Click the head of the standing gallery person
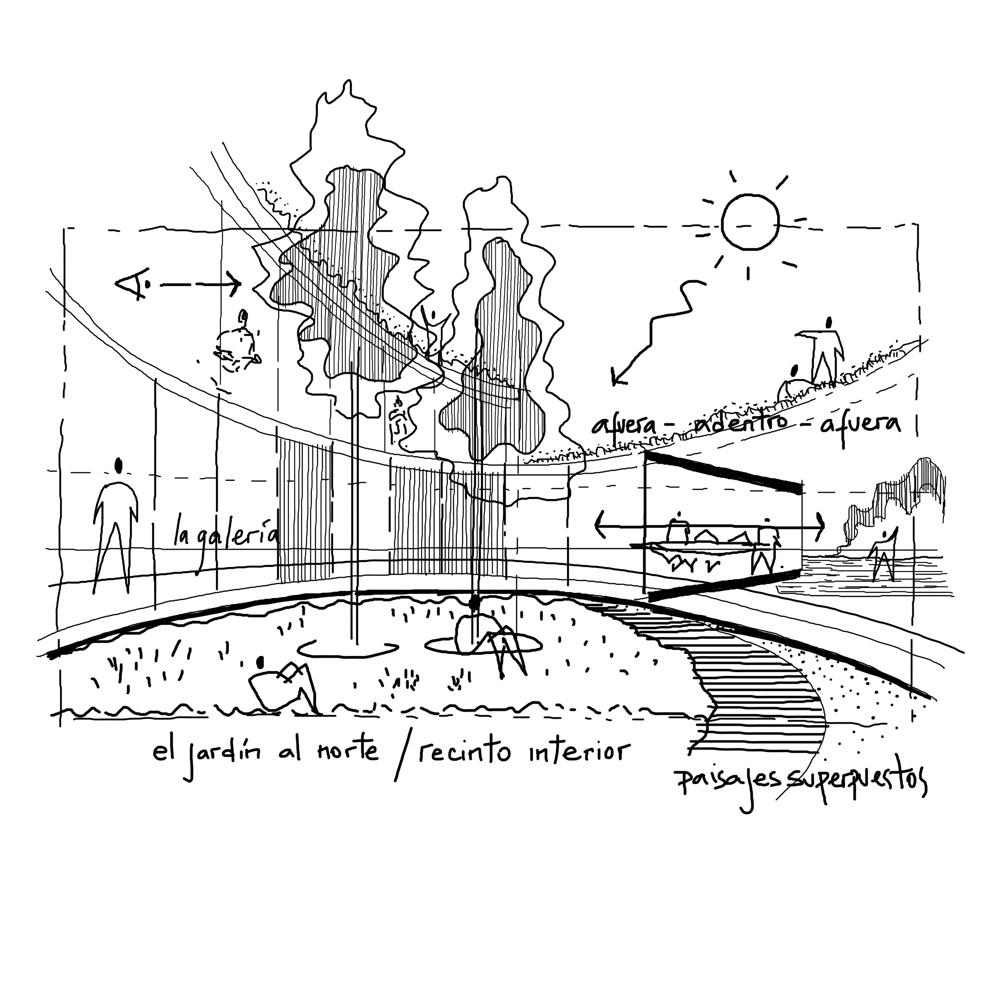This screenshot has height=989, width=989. point(119,465)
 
